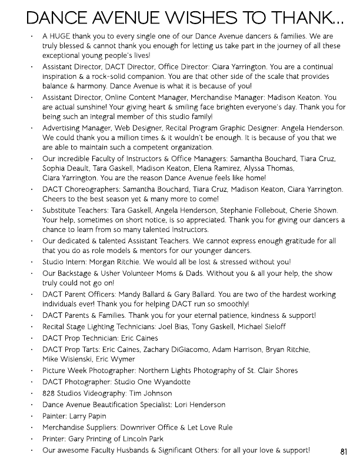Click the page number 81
pos(345,451)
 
